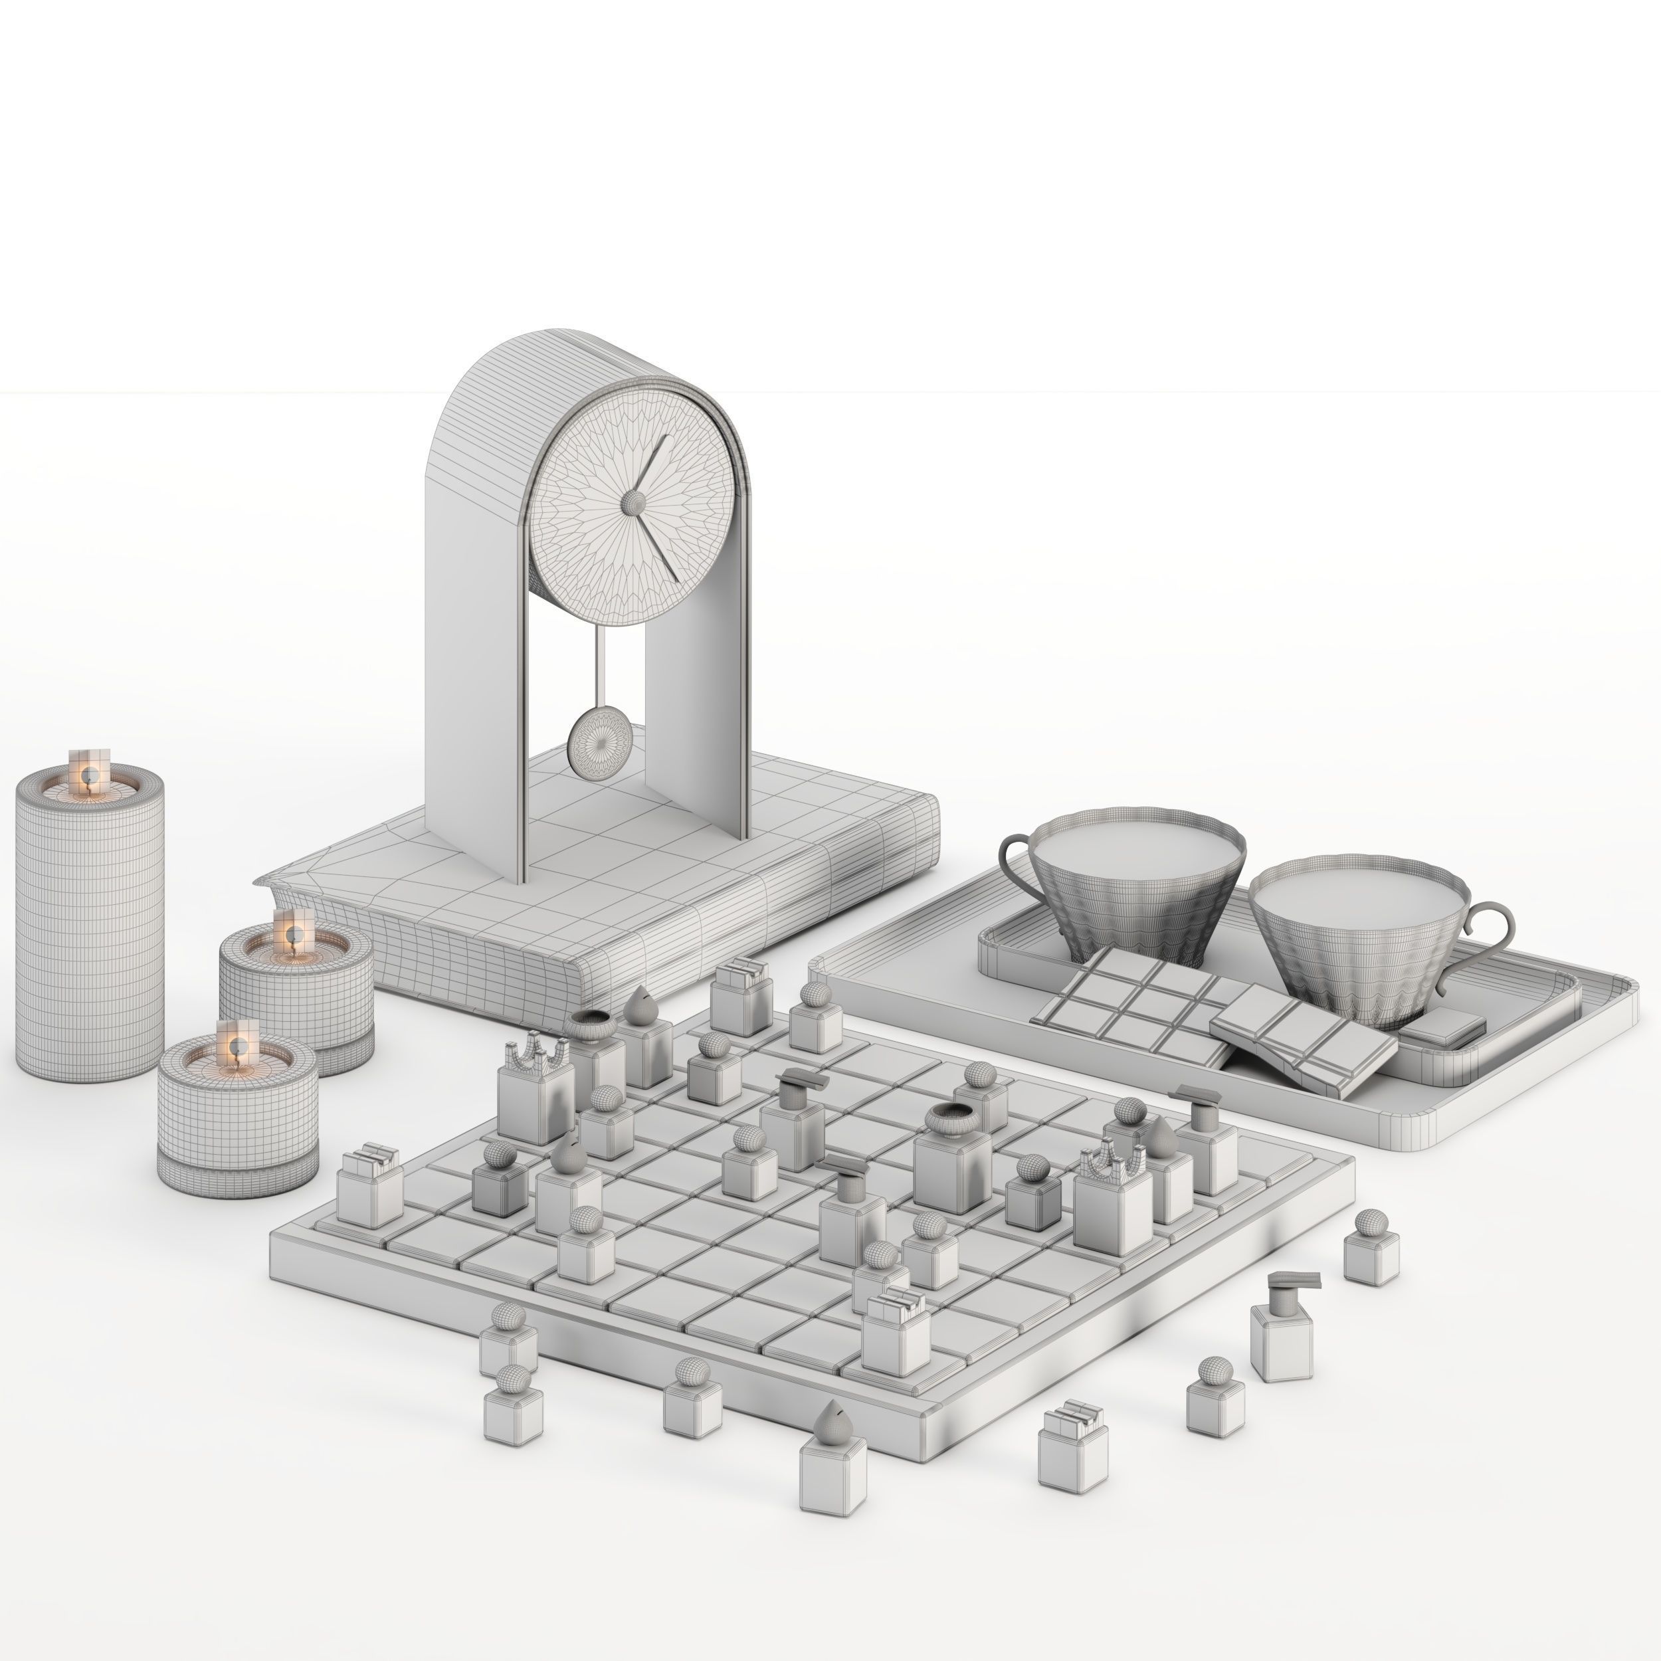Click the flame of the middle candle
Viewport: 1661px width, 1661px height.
[292, 935]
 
